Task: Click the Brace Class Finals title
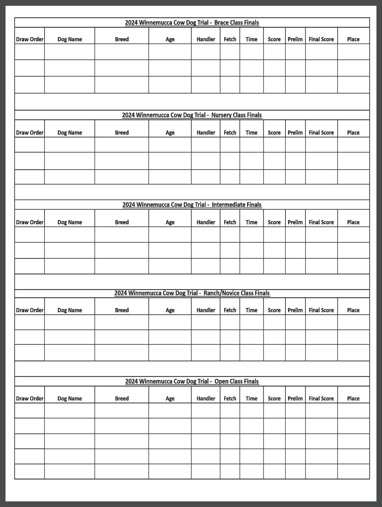pos(192,23)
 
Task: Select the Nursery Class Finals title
pos(192,115)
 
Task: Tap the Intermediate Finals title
pos(192,205)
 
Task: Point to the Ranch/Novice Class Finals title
pos(192,293)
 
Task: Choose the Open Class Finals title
pos(192,382)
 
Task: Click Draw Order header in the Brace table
pos(30,39)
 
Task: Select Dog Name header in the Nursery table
pos(70,133)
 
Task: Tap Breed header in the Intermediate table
pos(122,222)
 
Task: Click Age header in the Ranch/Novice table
pos(170,310)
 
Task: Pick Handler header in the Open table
pos(206,398)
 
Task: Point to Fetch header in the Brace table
pos(230,39)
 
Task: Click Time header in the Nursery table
pos(251,133)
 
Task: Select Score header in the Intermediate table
pos(274,222)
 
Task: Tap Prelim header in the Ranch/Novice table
pos(295,310)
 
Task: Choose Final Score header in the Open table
pos(321,398)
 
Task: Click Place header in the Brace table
pos(353,39)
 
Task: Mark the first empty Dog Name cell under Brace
pos(70,52)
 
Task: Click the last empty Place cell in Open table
pos(353,471)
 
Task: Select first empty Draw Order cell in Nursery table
pos(30,145)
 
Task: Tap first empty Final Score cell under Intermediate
pos(321,234)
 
